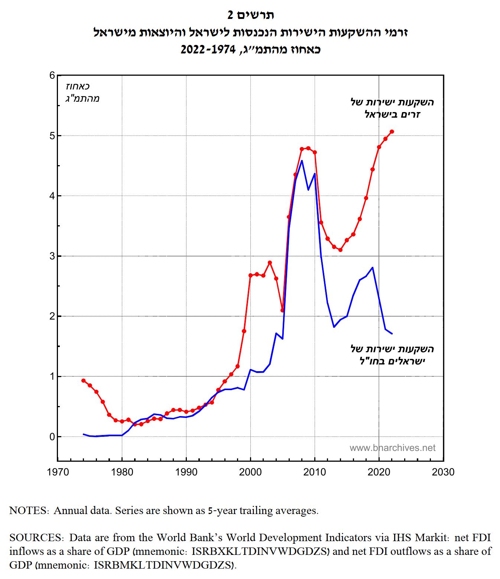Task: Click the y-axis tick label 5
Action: (52, 136)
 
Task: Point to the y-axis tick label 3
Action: (52, 256)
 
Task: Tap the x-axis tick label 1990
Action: (186, 472)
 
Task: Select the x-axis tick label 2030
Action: (443, 472)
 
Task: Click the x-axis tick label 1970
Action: (58, 472)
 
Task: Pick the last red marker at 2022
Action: (392, 132)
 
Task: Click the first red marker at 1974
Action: (83, 380)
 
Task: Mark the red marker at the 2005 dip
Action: (282, 310)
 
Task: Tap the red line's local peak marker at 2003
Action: (270, 262)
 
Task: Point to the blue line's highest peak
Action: (302, 160)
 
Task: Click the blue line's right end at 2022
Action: (392, 334)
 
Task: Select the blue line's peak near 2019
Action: (373, 267)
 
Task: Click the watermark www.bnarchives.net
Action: (392, 448)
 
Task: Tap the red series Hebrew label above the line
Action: (392, 108)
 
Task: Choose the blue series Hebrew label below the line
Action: (392, 355)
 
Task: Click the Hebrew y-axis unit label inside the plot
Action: (82, 92)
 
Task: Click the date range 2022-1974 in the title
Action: (208, 50)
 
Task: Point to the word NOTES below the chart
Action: (28, 510)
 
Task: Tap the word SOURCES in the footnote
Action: (35, 537)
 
